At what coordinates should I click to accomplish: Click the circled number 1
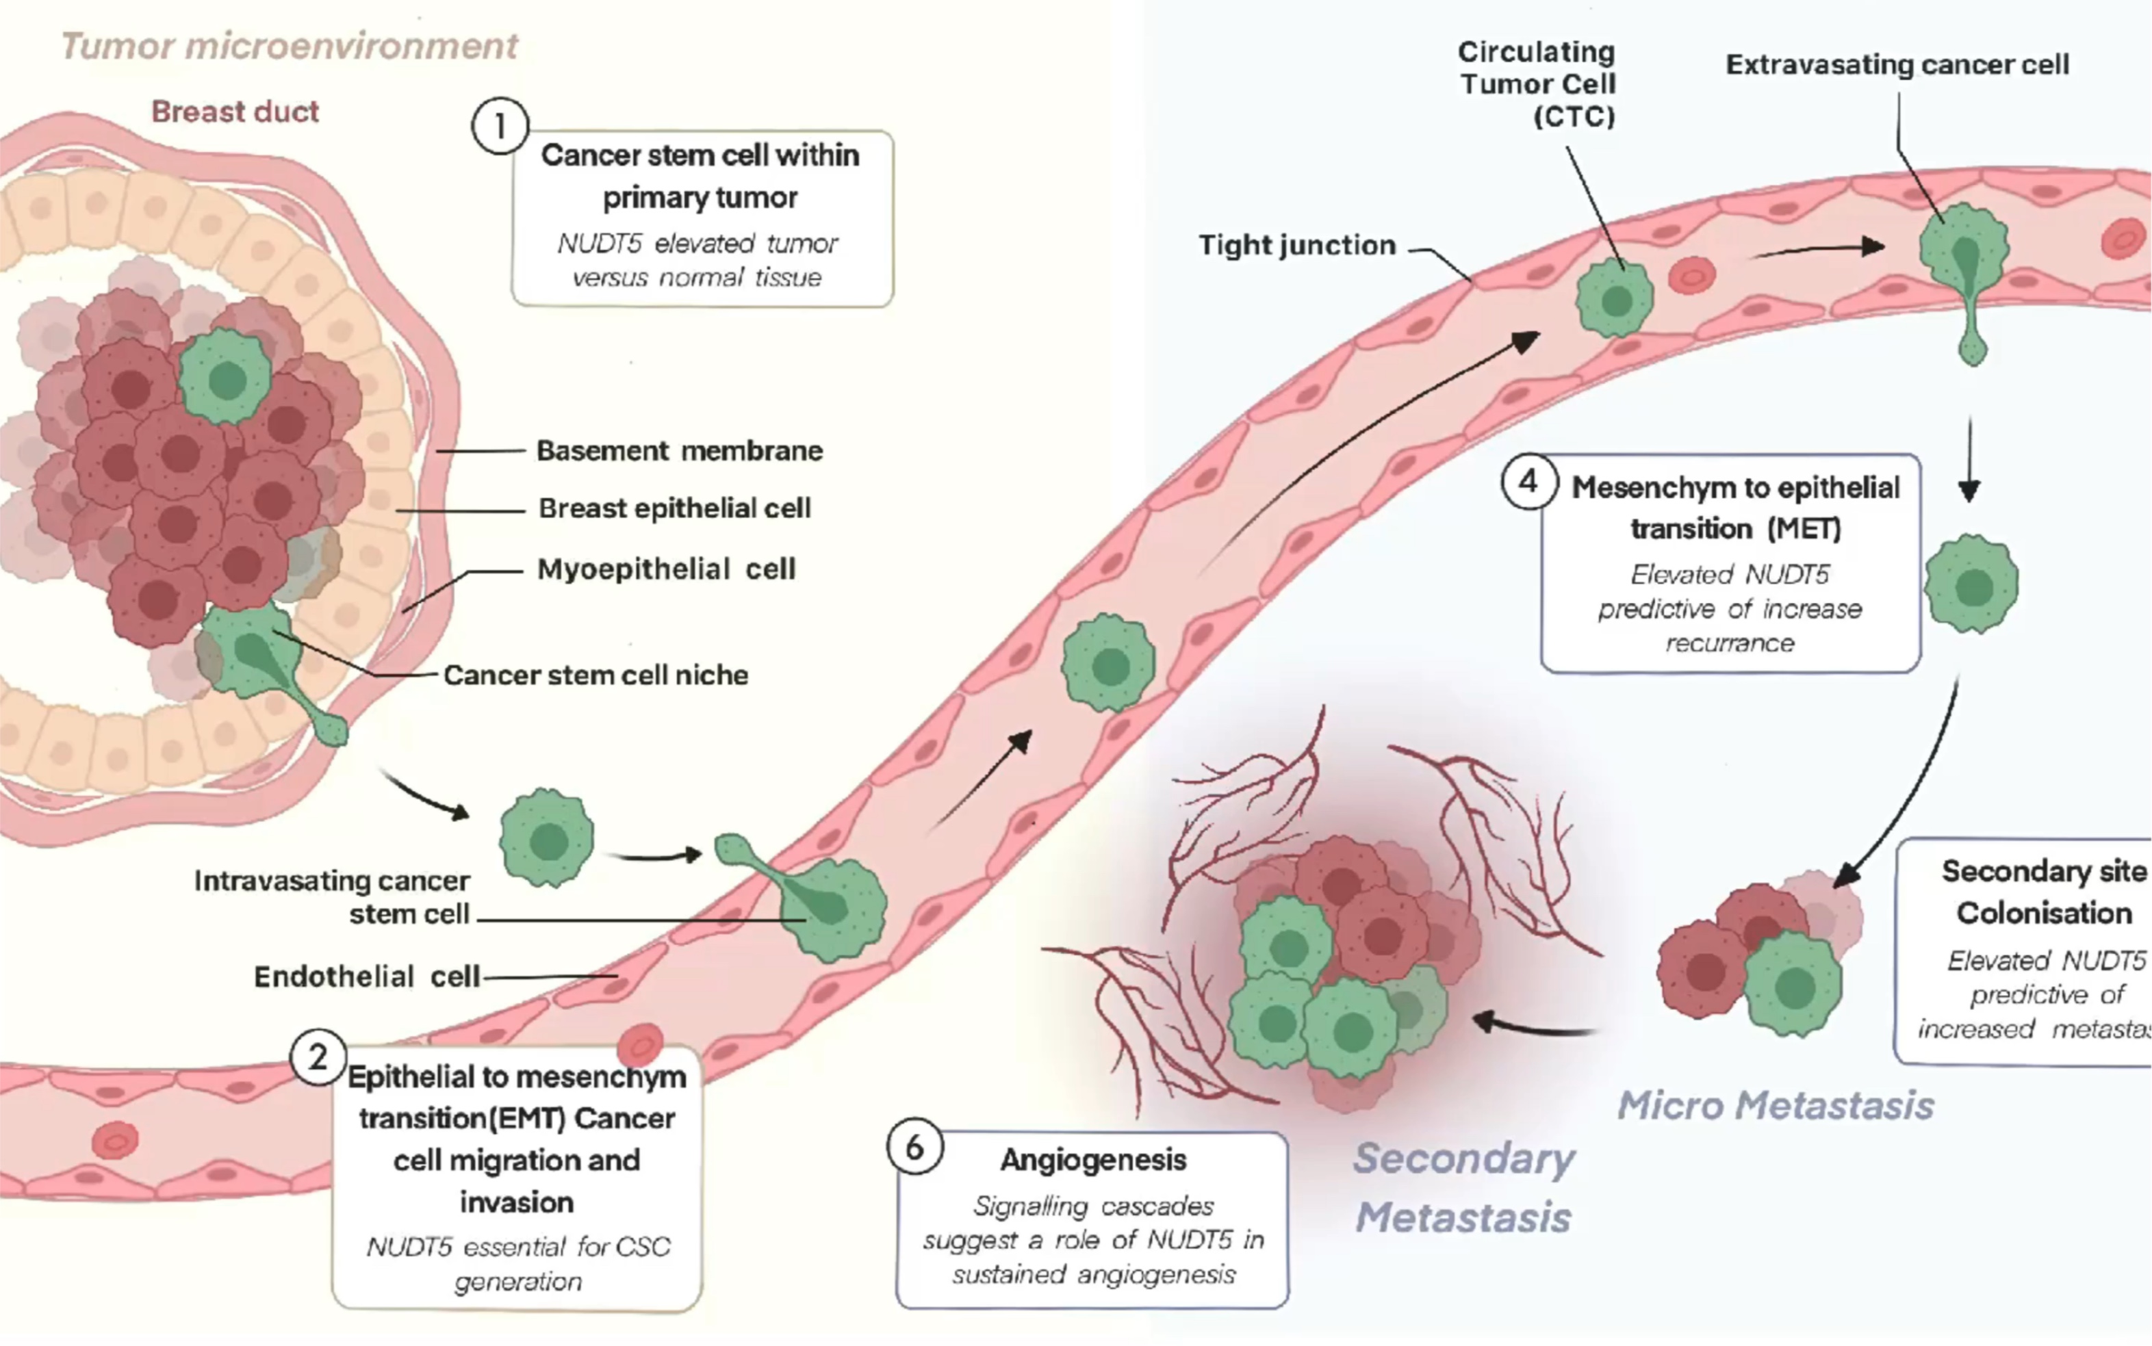point(500,127)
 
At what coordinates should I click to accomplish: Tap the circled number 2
point(317,1058)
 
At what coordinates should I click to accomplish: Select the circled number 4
point(1528,482)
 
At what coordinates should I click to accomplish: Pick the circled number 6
point(914,1148)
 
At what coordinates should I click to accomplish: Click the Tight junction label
point(1296,246)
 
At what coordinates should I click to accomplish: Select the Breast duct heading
point(234,112)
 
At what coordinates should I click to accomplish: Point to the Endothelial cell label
point(367,977)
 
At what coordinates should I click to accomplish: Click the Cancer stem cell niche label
point(595,675)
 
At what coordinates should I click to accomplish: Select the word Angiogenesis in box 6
point(1093,1160)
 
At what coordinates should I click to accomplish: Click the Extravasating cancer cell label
point(1897,65)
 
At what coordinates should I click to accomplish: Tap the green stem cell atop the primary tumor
point(226,378)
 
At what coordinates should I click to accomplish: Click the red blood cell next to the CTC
point(1691,276)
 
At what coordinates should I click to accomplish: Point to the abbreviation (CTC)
point(1573,116)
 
